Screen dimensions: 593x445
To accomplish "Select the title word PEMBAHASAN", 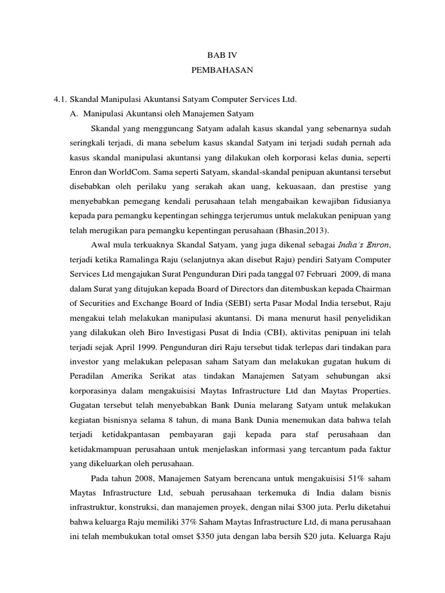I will coord(222,73).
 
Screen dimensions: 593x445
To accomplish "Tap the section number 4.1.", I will coord(60,100).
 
